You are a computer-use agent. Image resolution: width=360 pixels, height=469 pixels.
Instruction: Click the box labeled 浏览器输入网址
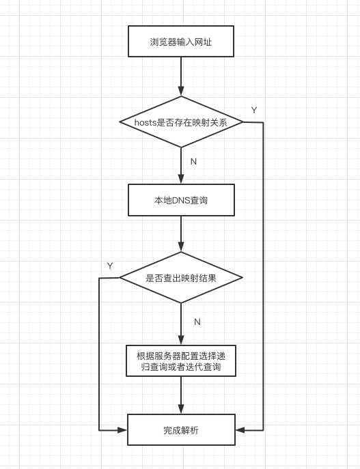click(181, 41)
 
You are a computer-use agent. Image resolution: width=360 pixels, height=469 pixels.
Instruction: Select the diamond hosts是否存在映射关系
click(181, 122)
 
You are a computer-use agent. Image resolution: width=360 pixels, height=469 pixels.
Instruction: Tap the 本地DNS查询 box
click(181, 200)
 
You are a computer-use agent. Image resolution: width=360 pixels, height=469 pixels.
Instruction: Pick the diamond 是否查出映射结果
click(181, 278)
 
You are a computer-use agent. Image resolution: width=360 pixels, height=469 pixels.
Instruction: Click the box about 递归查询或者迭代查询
click(181, 360)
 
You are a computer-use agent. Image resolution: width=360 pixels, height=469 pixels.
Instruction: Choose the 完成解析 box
click(181, 430)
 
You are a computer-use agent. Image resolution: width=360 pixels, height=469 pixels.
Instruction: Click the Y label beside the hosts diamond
click(254, 110)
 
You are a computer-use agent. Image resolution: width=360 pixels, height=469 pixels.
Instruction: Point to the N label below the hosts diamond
click(193, 162)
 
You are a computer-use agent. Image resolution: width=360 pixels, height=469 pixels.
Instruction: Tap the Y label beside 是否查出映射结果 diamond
click(110, 266)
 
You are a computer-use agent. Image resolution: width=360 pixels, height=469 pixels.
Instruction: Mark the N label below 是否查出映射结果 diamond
click(197, 322)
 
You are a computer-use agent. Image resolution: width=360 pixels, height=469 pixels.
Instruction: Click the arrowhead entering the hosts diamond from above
click(181, 91)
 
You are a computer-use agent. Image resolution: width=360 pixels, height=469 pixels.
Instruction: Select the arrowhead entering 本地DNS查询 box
click(181, 179)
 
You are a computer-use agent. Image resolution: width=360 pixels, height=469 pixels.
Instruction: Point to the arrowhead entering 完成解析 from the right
click(240, 430)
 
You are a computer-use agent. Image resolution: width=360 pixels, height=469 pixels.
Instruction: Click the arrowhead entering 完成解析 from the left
click(122, 430)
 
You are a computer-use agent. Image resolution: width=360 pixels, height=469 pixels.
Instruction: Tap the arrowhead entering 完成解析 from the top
click(181, 409)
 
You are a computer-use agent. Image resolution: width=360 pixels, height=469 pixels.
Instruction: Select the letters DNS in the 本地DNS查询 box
click(181, 200)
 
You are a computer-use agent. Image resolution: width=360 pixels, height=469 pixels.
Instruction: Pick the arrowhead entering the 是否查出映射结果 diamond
click(181, 246)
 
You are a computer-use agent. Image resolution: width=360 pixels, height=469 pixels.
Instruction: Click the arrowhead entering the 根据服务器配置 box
click(181, 340)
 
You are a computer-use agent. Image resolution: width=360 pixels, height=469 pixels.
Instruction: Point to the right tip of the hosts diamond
click(243, 122)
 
